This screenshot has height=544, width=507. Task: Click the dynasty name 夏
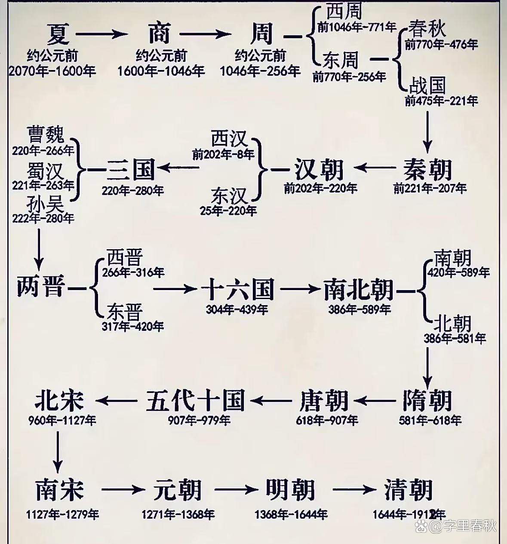(58, 34)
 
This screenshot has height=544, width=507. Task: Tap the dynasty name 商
(159, 34)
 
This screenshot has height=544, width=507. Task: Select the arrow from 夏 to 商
(102, 34)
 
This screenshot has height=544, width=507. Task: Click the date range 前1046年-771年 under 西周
(357, 28)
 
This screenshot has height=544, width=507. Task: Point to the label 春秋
(427, 29)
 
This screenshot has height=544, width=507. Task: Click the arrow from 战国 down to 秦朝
(427, 131)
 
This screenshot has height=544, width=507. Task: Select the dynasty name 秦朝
(427, 169)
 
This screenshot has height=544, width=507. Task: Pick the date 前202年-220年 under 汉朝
(320, 188)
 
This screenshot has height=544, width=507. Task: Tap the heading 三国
(131, 169)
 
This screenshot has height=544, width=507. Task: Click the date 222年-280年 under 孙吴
(43, 218)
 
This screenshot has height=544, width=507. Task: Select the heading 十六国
(237, 288)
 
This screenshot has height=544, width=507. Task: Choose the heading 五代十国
(196, 400)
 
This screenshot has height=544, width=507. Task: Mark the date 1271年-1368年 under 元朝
(178, 514)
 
